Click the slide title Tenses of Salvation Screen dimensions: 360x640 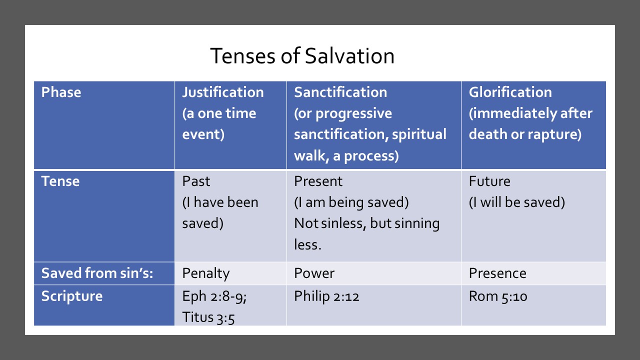302,56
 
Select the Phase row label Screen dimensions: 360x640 61,92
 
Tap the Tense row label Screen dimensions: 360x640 60,181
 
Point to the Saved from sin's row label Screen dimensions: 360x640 97,273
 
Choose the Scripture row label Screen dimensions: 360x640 72,296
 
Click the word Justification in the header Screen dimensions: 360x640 223,92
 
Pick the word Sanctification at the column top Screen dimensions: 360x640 340,92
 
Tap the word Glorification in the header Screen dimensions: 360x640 510,92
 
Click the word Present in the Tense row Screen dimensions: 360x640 318,181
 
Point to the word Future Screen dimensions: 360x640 489,181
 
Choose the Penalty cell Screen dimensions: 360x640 206,273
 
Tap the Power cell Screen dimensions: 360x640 314,273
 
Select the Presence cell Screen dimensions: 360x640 497,273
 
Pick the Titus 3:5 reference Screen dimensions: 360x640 208,317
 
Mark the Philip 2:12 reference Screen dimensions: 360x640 327,296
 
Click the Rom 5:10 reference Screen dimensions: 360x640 498,296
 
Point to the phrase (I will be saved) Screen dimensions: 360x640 517,202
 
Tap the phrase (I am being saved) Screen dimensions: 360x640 351,202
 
